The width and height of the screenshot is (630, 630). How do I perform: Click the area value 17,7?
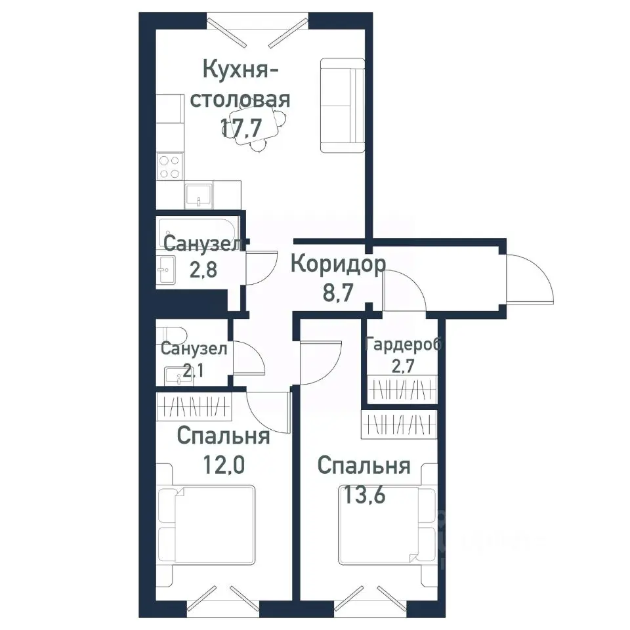coord(240,129)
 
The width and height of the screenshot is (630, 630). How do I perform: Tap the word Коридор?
coord(337,264)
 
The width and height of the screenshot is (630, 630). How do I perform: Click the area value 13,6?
coord(364,494)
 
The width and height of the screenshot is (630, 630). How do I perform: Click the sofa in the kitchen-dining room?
coord(342,105)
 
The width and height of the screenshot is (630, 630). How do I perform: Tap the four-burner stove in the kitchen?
coord(169,167)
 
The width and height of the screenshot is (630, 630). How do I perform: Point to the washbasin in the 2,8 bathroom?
coord(167,269)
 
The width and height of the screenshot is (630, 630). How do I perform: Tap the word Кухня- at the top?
coord(238,69)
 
